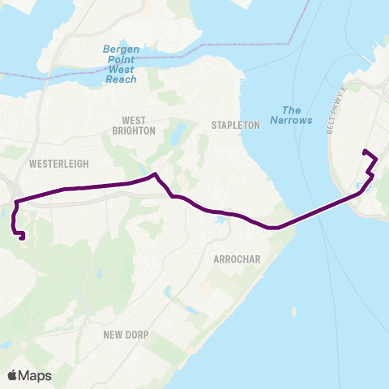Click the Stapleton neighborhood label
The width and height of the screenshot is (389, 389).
click(235, 125)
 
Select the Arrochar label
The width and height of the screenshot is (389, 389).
click(235, 259)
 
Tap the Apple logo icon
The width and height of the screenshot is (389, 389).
click(13, 375)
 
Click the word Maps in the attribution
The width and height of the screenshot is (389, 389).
click(36, 375)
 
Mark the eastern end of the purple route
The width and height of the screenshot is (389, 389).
click(364, 151)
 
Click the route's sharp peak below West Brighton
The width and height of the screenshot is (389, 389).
click(154, 173)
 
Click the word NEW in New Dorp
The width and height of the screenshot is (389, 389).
click(115, 334)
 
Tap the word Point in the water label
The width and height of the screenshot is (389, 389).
click(120, 59)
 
